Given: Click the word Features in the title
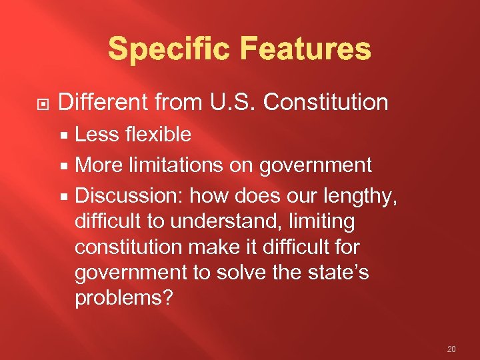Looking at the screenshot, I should (303, 50).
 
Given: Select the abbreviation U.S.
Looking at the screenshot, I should (224, 103).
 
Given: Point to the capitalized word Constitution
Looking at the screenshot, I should (326, 103).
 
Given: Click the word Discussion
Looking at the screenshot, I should (129, 196).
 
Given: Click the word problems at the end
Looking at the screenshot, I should (123, 298).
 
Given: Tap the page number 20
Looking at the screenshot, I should (452, 349).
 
